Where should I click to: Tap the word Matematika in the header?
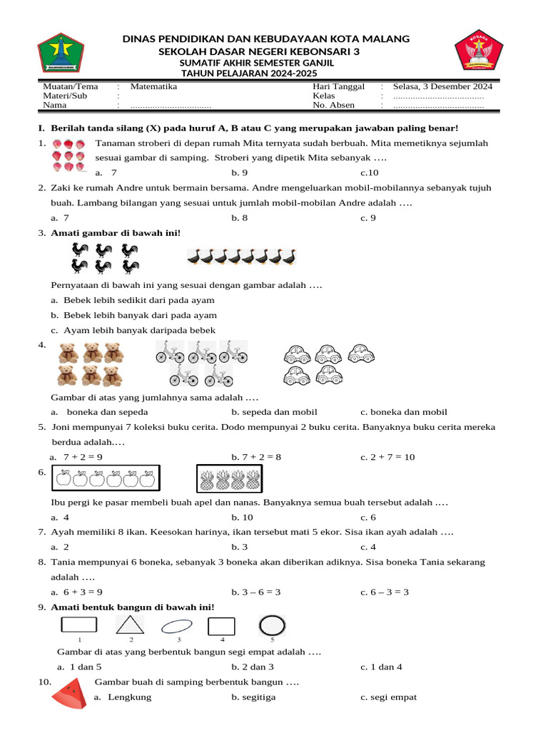[x=153, y=86]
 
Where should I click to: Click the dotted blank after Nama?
[x=171, y=106]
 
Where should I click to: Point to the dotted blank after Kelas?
[x=438, y=96]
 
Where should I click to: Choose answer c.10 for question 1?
[x=369, y=173]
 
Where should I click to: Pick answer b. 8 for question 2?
[x=239, y=218]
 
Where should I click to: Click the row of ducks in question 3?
[x=242, y=257]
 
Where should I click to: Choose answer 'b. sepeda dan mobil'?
[x=274, y=412]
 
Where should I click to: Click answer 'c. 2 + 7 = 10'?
[x=387, y=457]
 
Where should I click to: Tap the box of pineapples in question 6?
[x=229, y=478]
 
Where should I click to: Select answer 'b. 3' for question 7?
[x=239, y=547]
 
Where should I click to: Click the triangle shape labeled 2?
[x=130, y=625]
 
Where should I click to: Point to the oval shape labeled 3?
[x=176, y=627]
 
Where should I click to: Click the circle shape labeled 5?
[x=271, y=626]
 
